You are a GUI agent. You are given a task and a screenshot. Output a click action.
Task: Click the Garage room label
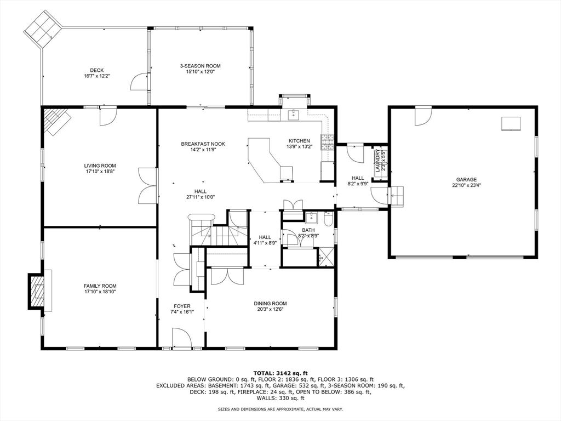[466, 180]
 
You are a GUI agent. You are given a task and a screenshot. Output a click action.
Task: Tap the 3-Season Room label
[200, 66]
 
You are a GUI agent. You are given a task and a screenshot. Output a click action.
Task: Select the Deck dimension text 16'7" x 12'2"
[96, 76]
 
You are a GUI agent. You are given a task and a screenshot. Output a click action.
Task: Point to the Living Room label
[100, 166]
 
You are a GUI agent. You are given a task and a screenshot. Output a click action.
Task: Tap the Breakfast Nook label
[203, 144]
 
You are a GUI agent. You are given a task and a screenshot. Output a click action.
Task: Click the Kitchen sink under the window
[294, 115]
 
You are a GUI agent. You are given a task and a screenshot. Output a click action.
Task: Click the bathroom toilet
[328, 219]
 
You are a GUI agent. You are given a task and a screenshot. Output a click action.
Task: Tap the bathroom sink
[311, 217]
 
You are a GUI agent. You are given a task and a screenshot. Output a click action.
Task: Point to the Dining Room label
[270, 304]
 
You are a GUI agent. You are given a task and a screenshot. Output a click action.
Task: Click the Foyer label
[182, 306]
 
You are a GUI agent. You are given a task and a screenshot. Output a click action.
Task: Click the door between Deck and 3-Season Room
[140, 82]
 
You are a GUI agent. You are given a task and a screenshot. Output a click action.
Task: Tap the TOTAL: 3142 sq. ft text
[280, 373]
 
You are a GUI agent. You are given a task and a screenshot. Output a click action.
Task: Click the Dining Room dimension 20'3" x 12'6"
[270, 309]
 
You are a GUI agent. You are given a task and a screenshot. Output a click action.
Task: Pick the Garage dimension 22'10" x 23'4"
[466, 185]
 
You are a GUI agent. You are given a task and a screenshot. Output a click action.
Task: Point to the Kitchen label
[299, 141]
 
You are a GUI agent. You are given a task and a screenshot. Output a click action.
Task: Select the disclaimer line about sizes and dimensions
[280, 409]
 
